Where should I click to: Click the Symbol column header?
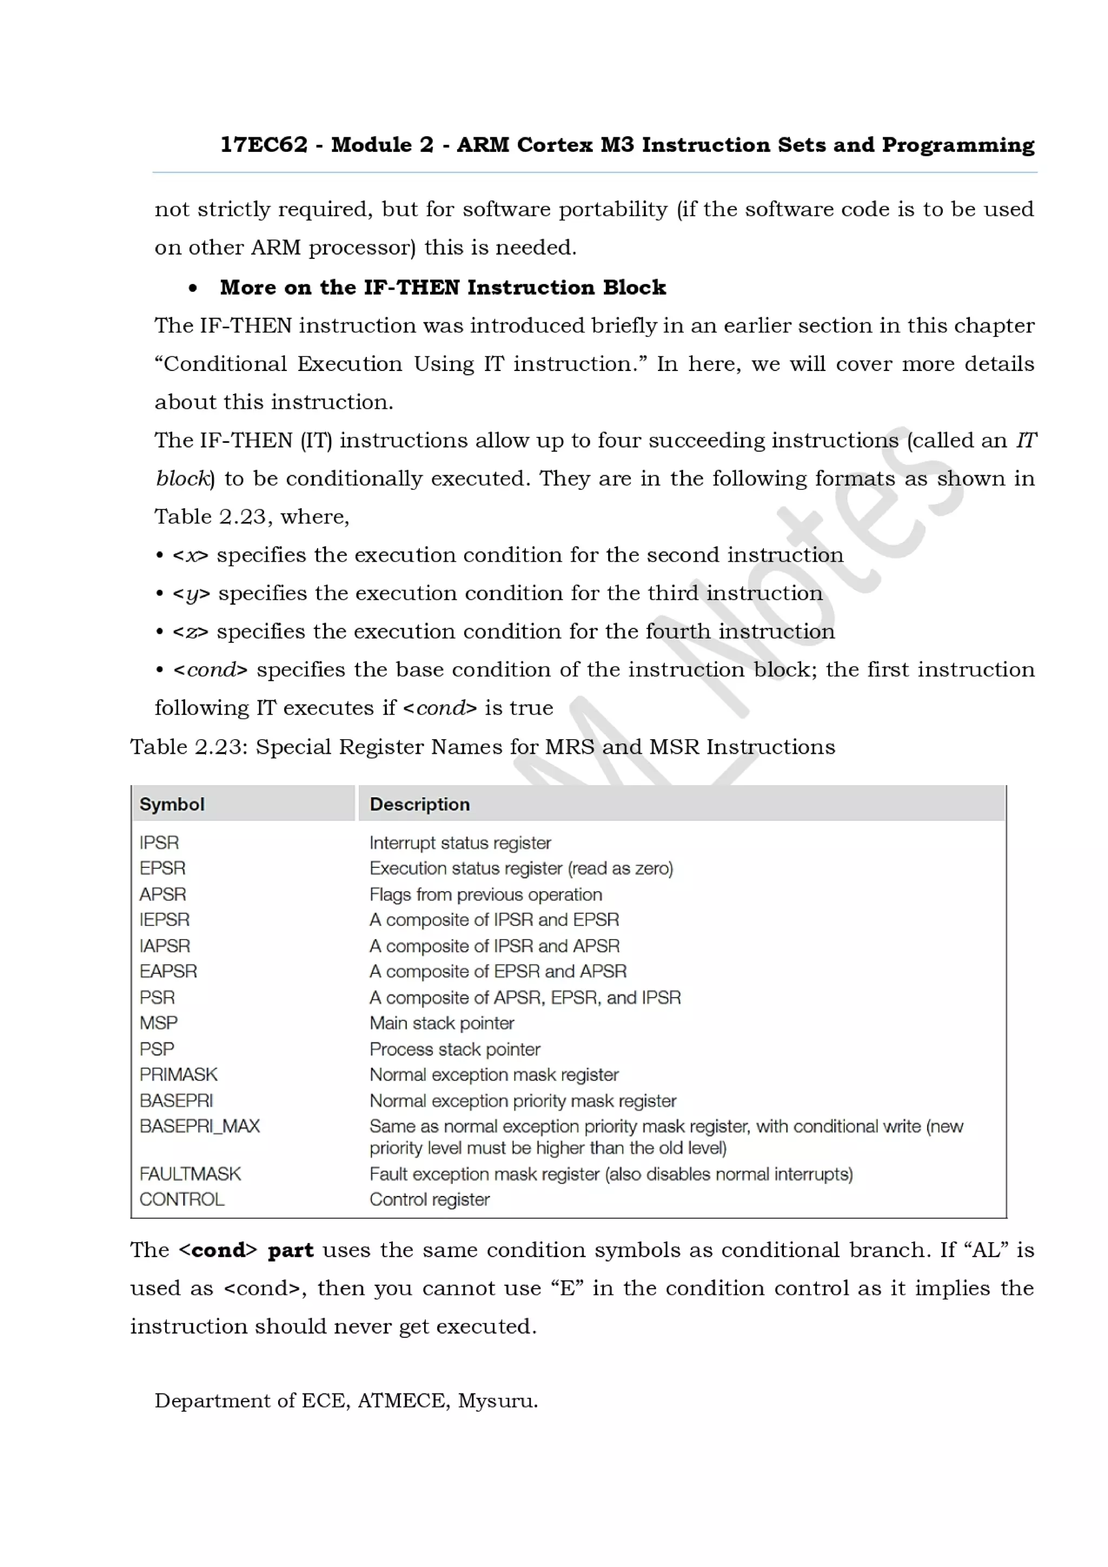pyautogui.click(x=172, y=804)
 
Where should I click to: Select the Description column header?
pyautogui.click(x=419, y=804)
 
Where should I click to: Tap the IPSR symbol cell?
pyautogui.click(x=159, y=842)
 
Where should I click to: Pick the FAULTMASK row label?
pyautogui.click(x=190, y=1173)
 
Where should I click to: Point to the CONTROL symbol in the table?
pyautogui.click(x=182, y=1199)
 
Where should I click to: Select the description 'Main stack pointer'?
pyautogui.click(x=441, y=1022)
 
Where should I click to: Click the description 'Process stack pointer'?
pyautogui.click(x=454, y=1048)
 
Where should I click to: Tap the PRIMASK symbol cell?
pyautogui.click(x=178, y=1074)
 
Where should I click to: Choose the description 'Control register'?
pyautogui.click(x=430, y=1199)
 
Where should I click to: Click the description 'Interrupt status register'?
pyautogui.click(x=460, y=842)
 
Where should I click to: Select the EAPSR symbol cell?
pyautogui.click(x=168, y=971)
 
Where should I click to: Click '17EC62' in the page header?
pyautogui.click(x=263, y=145)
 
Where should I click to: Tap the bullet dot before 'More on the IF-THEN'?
pyautogui.click(x=193, y=288)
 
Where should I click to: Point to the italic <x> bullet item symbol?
pyautogui.click(x=190, y=555)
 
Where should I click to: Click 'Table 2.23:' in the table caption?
pyautogui.click(x=188, y=747)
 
